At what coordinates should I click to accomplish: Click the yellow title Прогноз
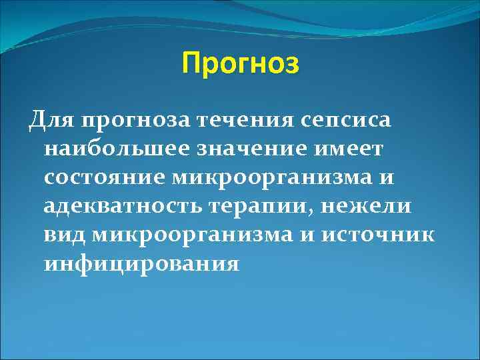click(241, 64)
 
